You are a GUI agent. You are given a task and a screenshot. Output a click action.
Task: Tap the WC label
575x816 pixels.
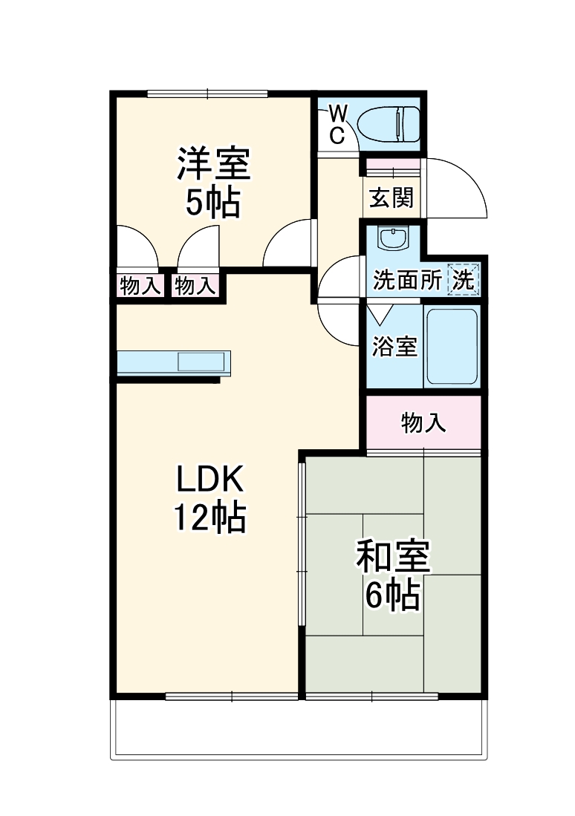pyautogui.click(x=337, y=124)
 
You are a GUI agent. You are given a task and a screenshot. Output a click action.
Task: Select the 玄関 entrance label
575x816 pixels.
pyautogui.click(x=392, y=198)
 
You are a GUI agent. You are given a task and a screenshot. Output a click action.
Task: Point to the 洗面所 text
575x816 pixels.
pyautogui.click(x=407, y=281)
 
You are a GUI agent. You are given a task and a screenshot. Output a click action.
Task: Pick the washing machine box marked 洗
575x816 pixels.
pyautogui.click(x=464, y=280)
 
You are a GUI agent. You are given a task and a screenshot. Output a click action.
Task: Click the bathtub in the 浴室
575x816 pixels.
pyautogui.click(x=451, y=345)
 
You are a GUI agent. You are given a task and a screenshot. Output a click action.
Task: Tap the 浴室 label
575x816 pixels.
pyautogui.click(x=394, y=346)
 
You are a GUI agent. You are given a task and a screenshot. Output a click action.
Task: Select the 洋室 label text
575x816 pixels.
pyautogui.click(x=212, y=164)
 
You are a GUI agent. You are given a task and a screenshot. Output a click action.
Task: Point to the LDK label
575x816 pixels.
pyautogui.click(x=209, y=480)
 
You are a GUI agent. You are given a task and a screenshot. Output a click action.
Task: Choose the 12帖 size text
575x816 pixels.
pyautogui.click(x=209, y=518)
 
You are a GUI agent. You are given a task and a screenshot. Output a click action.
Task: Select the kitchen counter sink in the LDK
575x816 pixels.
pyautogui.click(x=200, y=362)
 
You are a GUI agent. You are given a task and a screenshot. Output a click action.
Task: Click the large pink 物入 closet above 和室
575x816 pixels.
pyautogui.click(x=423, y=423)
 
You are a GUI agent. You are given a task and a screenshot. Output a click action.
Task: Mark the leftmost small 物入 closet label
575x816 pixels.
pyautogui.click(x=140, y=286)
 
